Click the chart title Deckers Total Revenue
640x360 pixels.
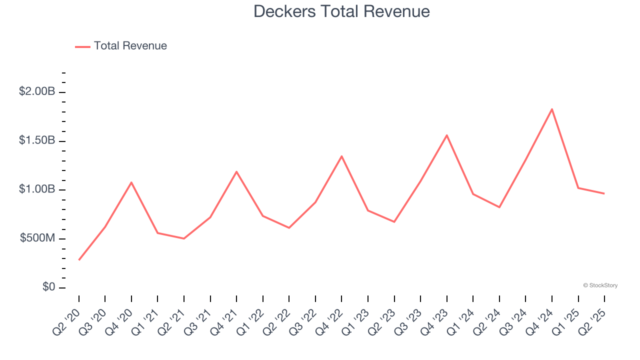(x=341, y=11)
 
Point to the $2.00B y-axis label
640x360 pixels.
(x=37, y=92)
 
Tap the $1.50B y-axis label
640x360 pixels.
(x=37, y=141)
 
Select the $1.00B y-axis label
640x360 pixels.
(x=37, y=190)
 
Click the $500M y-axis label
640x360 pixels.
(x=37, y=238)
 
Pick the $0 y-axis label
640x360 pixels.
(x=48, y=287)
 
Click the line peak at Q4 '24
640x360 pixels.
(x=552, y=109)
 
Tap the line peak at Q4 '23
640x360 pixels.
(x=446, y=135)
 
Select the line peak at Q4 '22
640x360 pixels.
(x=341, y=156)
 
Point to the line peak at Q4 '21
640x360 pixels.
(x=236, y=171)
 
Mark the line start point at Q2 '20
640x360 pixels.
(x=79, y=260)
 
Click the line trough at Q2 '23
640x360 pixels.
(x=394, y=221)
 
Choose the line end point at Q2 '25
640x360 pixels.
(x=604, y=193)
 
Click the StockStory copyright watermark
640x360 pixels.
(x=600, y=285)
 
